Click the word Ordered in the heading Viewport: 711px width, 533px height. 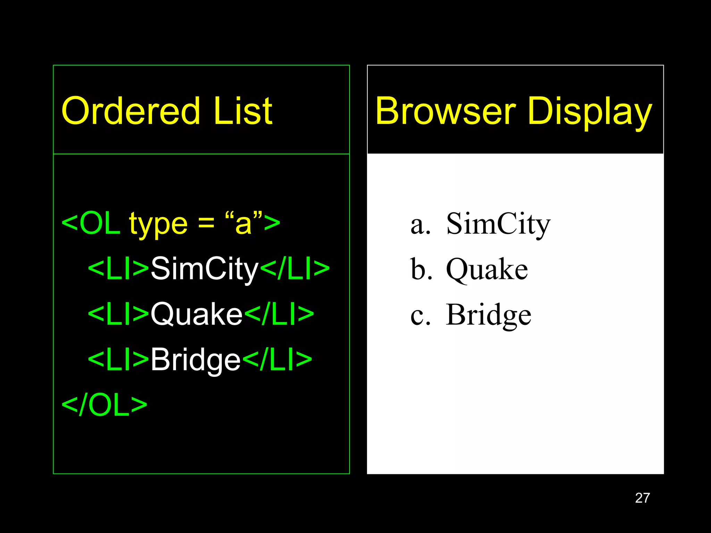pyautogui.click(x=131, y=111)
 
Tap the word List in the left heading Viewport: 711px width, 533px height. pyautogui.click(x=243, y=111)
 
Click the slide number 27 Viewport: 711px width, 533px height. pyautogui.click(x=642, y=498)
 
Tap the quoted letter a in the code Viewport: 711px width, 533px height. pyautogui.click(x=243, y=224)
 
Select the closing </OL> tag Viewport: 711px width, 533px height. pyautogui.click(x=104, y=405)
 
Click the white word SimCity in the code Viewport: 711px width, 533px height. pyautogui.click(x=205, y=269)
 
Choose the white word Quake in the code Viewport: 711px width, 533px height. pyautogui.click(x=196, y=314)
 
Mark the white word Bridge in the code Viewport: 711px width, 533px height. pyautogui.click(x=195, y=360)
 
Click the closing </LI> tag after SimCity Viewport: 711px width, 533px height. pyautogui.click(x=295, y=269)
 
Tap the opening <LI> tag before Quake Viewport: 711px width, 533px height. pyautogui.click(x=118, y=314)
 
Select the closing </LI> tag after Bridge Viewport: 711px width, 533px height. pyautogui.click(x=277, y=359)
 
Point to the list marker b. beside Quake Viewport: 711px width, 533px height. pyautogui.click(x=421, y=269)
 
